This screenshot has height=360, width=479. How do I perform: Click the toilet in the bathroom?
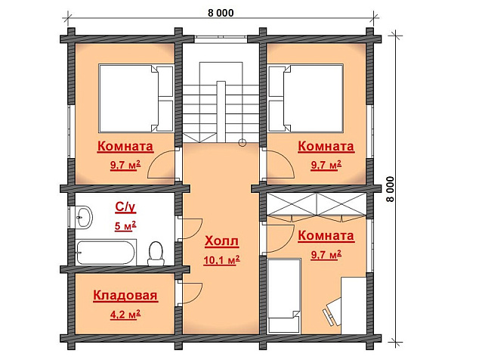coord(156,253)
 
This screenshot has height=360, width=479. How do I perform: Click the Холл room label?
coord(222,241)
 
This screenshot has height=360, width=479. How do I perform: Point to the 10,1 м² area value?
coord(222,260)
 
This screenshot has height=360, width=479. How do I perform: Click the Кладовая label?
coord(125,296)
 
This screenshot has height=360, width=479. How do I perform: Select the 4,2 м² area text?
coord(125,315)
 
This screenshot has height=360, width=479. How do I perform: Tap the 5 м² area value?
coord(125,226)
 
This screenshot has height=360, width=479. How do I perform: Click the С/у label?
coord(125,207)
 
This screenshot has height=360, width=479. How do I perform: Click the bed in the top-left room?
coord(136,98)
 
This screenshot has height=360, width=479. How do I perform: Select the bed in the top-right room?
coord(306,98)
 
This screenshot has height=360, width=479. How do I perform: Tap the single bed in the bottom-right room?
coord(284,296)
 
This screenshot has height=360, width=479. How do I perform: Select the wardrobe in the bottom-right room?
coord(317,205)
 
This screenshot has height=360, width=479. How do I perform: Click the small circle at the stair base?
coord(243,142)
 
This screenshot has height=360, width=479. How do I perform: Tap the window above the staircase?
coord(221,39)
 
